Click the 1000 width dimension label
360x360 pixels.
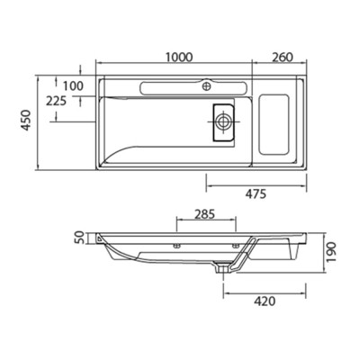click(x=179, y=57)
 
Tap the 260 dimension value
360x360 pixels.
click(x=283, y=57)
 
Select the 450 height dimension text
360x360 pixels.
click(x=27, y=120)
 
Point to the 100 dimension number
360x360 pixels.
click(x=73, y=86)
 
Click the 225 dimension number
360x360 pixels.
click(x=56, y=101)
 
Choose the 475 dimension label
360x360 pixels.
click(x=256, y=194)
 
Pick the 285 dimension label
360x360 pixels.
click(x=205, y=214)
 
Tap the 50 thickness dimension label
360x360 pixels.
click(x=78, y=238)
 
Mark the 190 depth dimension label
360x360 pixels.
click(x=331, y=252)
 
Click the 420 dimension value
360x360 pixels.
click(x=265, y=301)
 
